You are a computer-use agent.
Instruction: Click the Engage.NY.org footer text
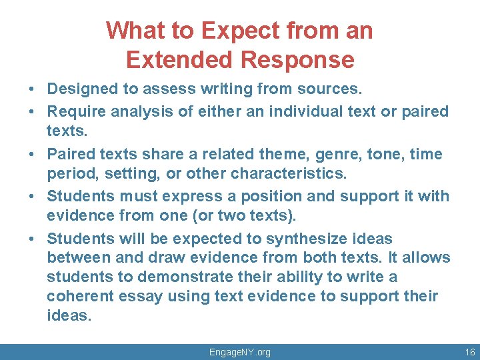(240, 352)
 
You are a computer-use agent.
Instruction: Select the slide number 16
(469, 352)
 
